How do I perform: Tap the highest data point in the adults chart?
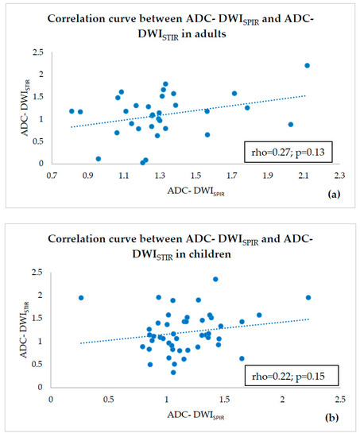pyautogui.click(x=307, y=65)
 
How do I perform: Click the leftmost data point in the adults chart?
pyautogui.click(x=72, y=111)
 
